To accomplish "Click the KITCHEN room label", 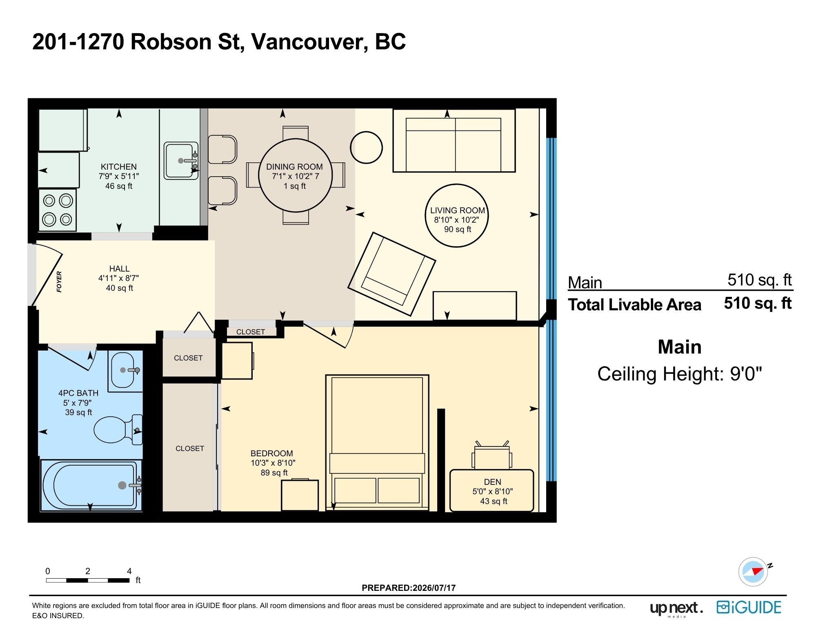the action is pyautogui.click(x=119, y=167).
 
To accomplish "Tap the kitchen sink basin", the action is pyautogui.click(x=181, y=161).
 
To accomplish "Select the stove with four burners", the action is pyautogui.click(x=58, y=210).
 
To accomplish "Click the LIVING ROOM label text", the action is pyautogui.click(x=458, y=210).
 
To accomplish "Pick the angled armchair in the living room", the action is pyautogui.click(x=392, y=274).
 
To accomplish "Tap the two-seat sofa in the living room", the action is pyautogui.click(x=454, y=140).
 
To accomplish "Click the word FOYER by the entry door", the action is pyautogui.click(x=59, y=282).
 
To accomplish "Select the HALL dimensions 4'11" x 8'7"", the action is pyautogui.click(x=119, y=278).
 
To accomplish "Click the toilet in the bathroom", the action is pyautogui.click(x=118, y=430).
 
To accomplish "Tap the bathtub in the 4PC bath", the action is pyautogui.click(x=91, y=485).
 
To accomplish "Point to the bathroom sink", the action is pyautogui.click(x=125, y=370).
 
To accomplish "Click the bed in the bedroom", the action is pyautogui.click(x=377, y=442).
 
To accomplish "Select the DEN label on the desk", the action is pyautogui.click(x=493, y=482).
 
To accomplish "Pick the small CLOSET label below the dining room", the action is pyautogui.click(x=251, y=332).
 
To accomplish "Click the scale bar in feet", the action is pyautogui.click(x=88, y=580).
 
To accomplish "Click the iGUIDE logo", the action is pyautogui.click(x=749, y=607).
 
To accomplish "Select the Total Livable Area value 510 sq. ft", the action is pyautogui.click(x=758, y=303).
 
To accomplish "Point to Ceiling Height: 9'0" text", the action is pyautogui.click(x=680, y=374).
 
